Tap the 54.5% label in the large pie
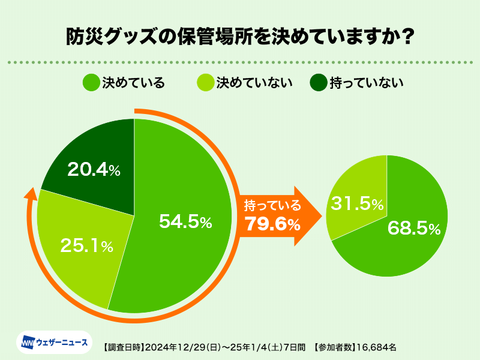point(185,222)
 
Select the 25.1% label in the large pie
point(86,245)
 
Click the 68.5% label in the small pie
point(414,228)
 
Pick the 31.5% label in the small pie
point(358,203)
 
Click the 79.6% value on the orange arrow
point(272,225)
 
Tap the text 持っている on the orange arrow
point(272,206)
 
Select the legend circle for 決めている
point(91,83)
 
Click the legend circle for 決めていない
point(205,83)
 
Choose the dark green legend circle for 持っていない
point(318,83)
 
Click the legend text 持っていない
point(366,83)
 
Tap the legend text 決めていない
point(254,83)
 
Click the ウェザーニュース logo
point(55,343)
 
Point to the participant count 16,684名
point(377,347)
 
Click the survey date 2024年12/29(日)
point(179,347)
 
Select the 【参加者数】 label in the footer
point(335,347)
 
